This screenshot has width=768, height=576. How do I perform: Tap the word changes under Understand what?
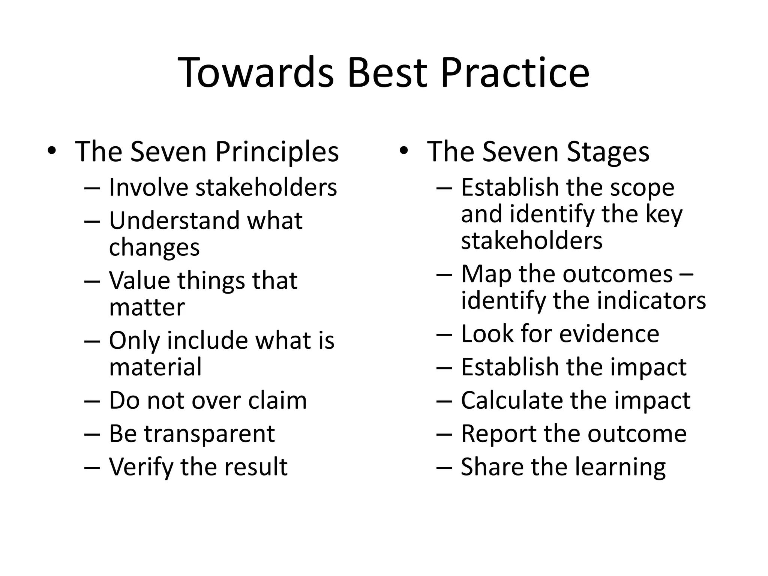coord(154,247)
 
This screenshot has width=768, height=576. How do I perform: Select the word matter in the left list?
coord(147,307)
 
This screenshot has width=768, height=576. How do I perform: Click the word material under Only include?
coord(155,367)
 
